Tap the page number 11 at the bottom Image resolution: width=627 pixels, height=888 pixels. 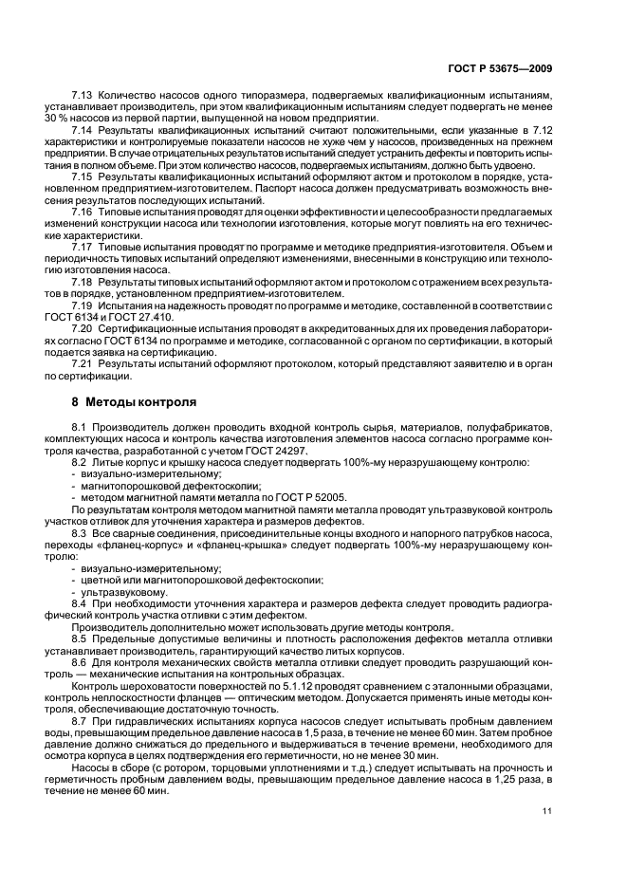click(x=547, y=809)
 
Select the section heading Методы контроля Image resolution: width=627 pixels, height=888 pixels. click(x=140, y=402)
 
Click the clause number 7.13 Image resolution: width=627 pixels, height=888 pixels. click(x=84, y=96)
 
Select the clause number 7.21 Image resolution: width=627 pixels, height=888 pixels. click(x=84, y=364)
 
